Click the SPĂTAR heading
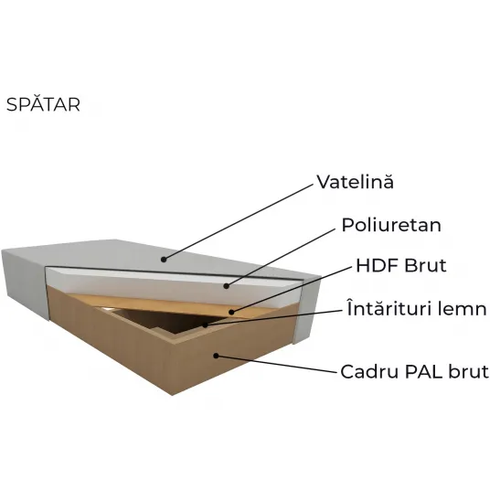(43, 104)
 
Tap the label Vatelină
(356, 181)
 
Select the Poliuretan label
(391, 225)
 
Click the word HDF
(377, 265)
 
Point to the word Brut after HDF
(425, 265)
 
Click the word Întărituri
(391, 308)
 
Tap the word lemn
(464, 308)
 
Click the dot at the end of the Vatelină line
(163, 259)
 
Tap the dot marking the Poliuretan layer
(227, 285)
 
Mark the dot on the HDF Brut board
(231, 312)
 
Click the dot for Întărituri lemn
(205, 325)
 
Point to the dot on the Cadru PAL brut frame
(216, 356)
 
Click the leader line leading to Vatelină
(238, 221)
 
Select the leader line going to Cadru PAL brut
(277, 364)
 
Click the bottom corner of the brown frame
(173, 395)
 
